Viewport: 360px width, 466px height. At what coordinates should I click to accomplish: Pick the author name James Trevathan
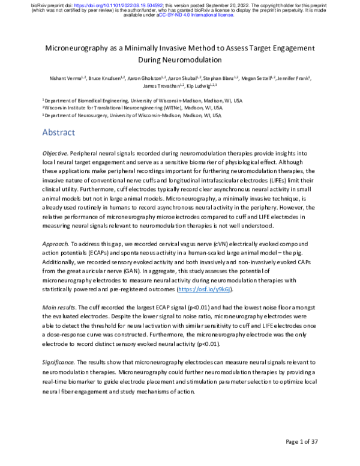pyautogui.click(x=159, y=86)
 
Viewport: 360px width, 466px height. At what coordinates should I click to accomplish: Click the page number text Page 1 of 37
pyautogui.click(x=310, y=443)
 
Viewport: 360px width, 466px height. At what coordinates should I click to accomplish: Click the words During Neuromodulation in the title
pyautogui.click(x=180, y=60)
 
